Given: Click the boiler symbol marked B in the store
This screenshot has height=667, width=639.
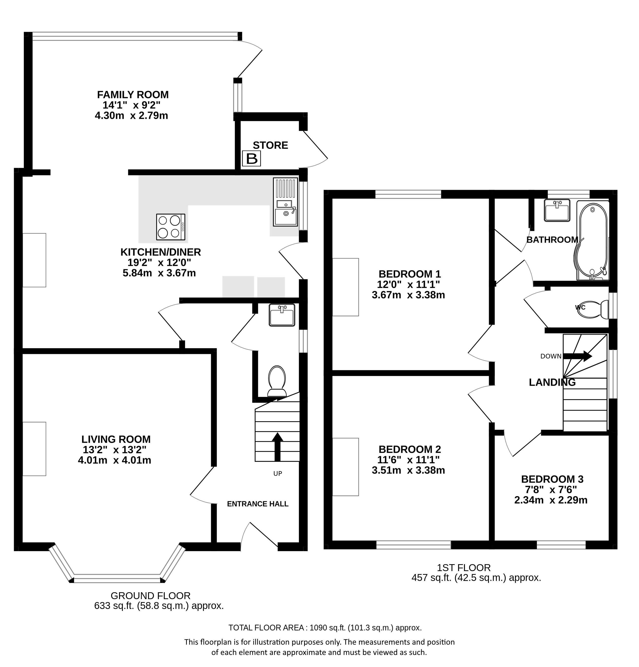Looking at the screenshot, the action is pos(252,159).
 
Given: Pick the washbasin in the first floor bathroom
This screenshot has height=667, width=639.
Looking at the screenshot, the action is pos(557,210).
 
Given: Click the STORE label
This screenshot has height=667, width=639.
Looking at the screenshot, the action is pos(270,145).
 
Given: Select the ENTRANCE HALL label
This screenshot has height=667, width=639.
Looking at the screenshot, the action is pos(258,504).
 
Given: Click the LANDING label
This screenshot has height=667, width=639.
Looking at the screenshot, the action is pos(552,382).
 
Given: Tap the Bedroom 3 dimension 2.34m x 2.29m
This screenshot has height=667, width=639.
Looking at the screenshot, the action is pos(550,500).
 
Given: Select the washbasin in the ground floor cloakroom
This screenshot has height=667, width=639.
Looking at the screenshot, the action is pos(282,315).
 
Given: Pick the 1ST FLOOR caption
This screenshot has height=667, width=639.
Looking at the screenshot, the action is pos(464,568).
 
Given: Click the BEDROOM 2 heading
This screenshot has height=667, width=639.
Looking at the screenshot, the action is pos(410,449).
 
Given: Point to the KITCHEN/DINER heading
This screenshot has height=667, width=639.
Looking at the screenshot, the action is pos(161,252).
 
